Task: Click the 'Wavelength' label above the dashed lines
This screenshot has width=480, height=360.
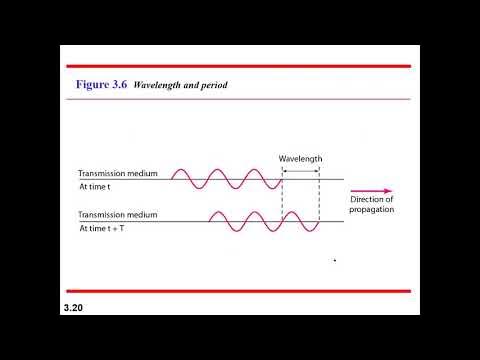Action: (300, 158)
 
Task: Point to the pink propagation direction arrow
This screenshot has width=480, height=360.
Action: (372, 190)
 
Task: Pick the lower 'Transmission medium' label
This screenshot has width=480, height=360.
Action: (118, 214)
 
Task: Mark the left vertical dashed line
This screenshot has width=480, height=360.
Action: (283, 200)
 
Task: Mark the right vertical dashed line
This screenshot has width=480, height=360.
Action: (319, 200)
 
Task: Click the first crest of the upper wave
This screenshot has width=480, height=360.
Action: (183, 171)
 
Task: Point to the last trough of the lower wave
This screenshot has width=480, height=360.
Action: (309, 231)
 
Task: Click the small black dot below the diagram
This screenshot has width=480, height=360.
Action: (334, 261)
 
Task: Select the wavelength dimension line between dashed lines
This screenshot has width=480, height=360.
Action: (301, 168)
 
